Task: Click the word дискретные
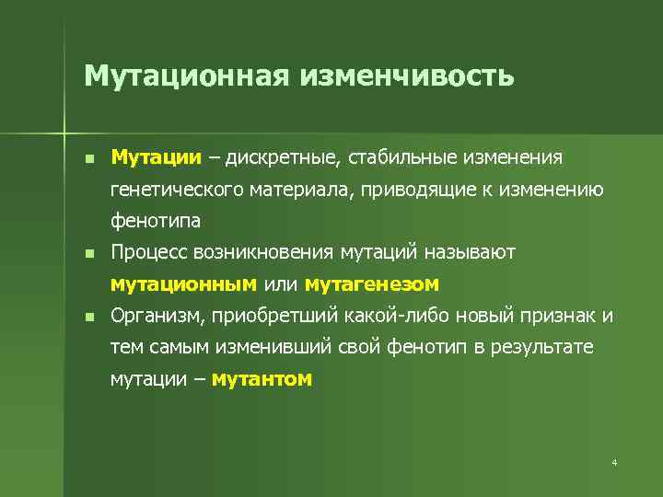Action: click(284, 157)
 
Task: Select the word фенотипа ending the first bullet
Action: click(155, 221)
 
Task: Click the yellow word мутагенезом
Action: click(372, 283)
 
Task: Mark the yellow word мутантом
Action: click(262, 379)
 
